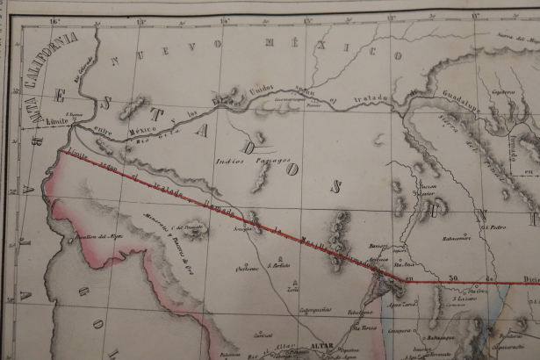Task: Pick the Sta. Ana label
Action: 405,262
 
